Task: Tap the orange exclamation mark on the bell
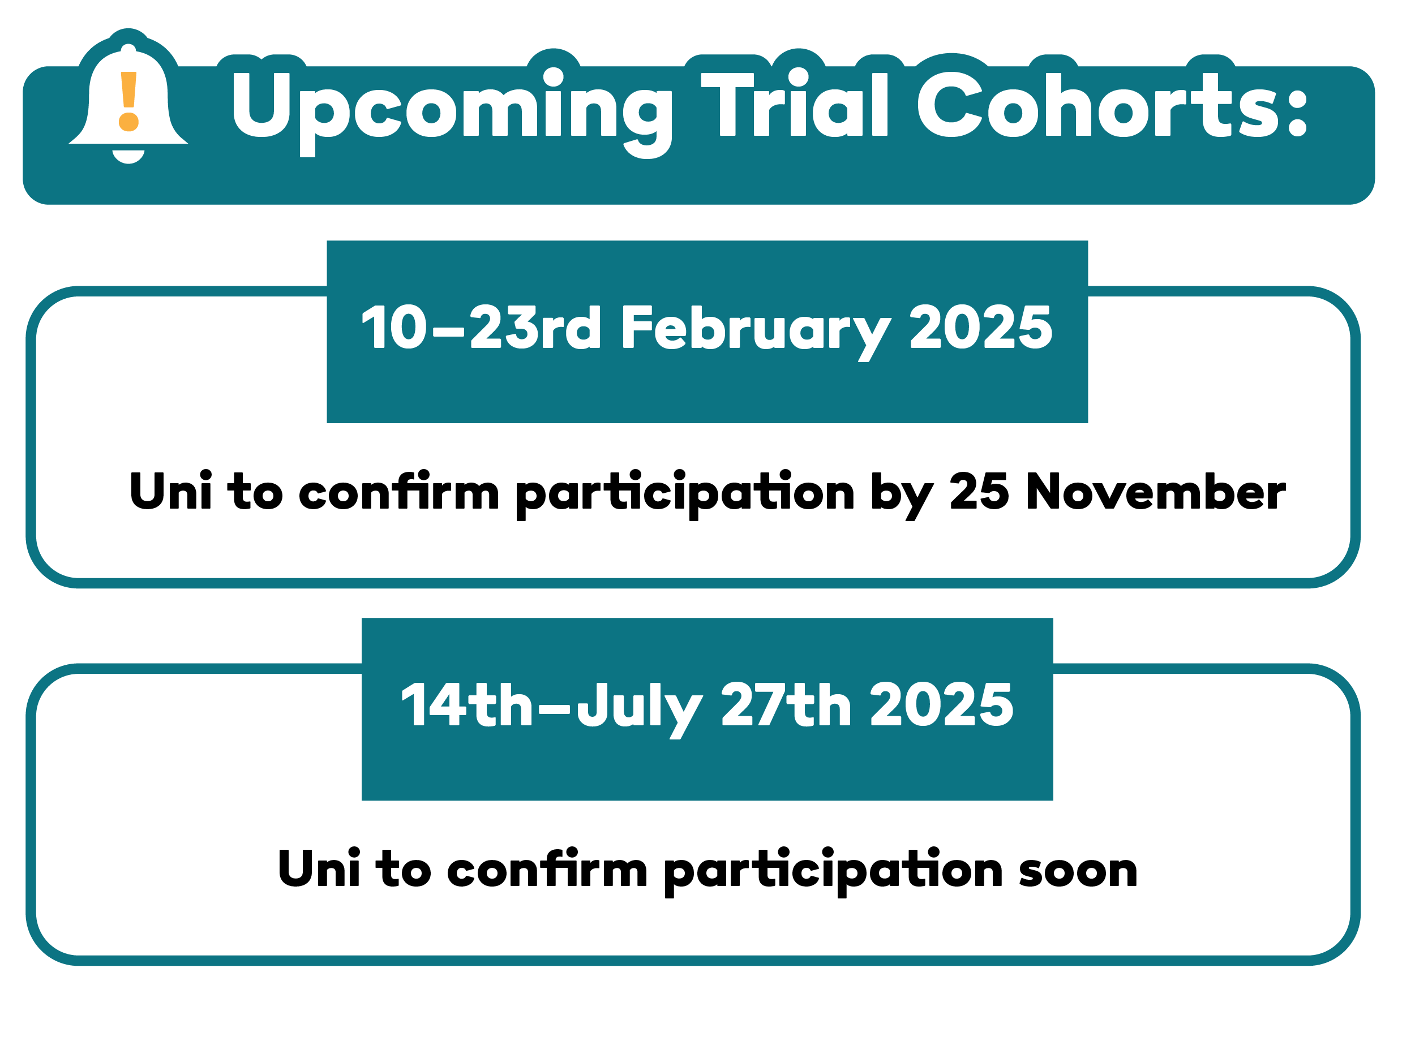[x=128, y=101]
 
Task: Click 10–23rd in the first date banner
[x=481, y=326]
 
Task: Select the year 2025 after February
[x=981, y=326]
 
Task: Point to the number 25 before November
[x=979, y=491]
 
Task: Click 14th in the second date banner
[x=467, y=704]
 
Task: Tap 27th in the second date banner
[x=786, y=704]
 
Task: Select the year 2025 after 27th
[x=942, y=704]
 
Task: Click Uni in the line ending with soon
[x=320, y=868]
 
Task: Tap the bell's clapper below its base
[x=128, y=157]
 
